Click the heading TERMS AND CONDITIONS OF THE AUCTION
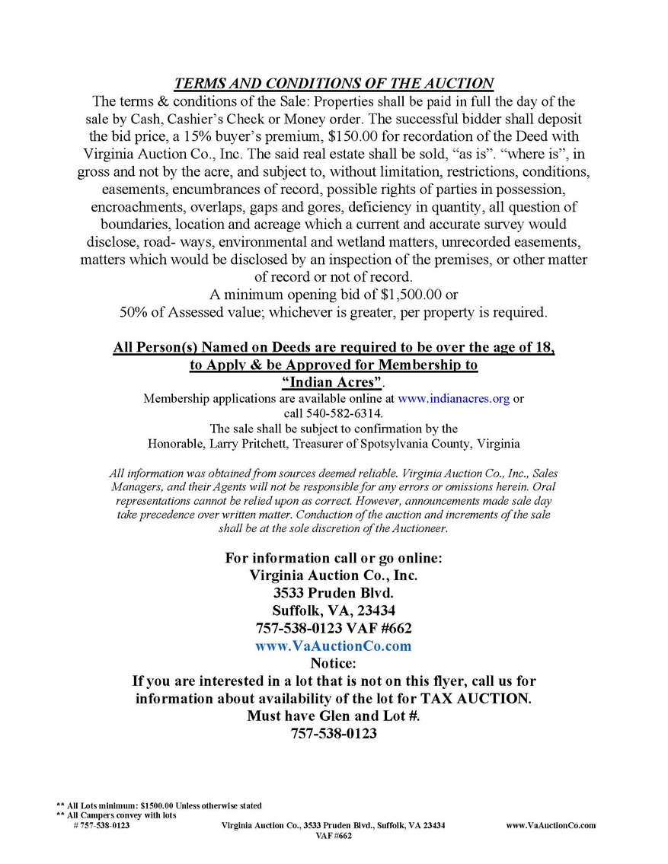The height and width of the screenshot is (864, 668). [x=334, y=84]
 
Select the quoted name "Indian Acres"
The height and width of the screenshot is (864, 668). [x=332, y=381]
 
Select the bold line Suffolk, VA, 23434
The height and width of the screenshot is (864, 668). [x=334, y=611]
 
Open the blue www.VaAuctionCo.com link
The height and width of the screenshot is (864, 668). [x=334, y=646]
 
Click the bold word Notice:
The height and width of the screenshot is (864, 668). [x=334, y=664]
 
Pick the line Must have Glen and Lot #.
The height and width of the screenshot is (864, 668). [x=334, y=716]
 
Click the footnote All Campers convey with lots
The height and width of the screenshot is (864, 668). [x=117, y=815]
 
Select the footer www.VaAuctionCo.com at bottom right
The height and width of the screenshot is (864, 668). [x=551, y=825]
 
